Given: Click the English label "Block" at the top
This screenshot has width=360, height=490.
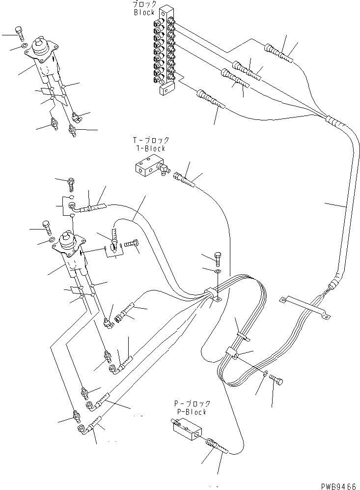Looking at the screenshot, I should click(x=144, y=12).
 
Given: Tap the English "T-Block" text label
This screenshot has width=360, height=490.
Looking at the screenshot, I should click(x=151, y=148).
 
